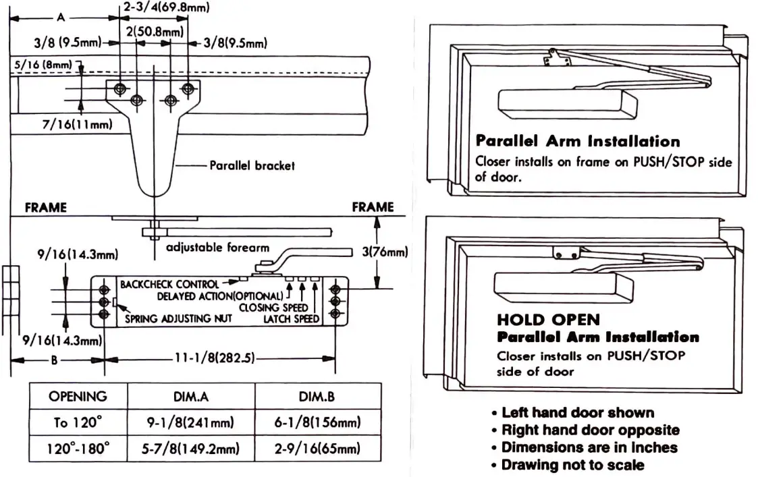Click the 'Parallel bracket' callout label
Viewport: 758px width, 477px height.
(252, 165)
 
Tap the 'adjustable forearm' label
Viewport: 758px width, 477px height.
(217, 248)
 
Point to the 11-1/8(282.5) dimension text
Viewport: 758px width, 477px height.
(214, 358)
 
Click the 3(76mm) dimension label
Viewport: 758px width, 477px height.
(383, 253)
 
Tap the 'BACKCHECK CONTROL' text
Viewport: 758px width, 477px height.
(169, 285)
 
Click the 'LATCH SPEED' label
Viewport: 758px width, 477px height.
(291, 318)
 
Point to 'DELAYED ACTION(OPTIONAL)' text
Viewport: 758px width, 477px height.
(220, 296)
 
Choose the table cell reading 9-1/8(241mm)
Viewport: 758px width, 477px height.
(190, 423)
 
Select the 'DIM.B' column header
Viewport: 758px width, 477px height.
(317, 396)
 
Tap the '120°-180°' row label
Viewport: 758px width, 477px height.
(78, 449)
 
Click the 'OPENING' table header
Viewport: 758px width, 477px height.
(78, 396)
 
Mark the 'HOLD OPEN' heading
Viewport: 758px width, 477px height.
(548, 320)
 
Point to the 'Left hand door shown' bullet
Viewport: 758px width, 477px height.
(577, 412)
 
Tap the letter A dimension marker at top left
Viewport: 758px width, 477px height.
(61, 18)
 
